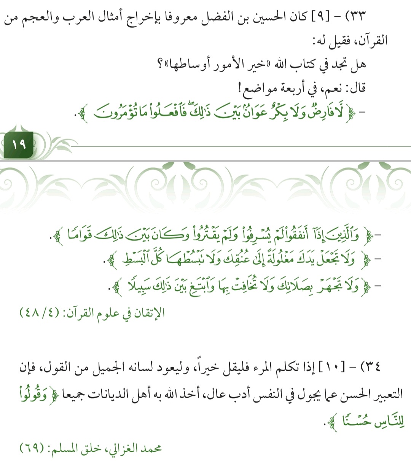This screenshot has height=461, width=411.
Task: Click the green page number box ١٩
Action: click(x=18, y=145)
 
